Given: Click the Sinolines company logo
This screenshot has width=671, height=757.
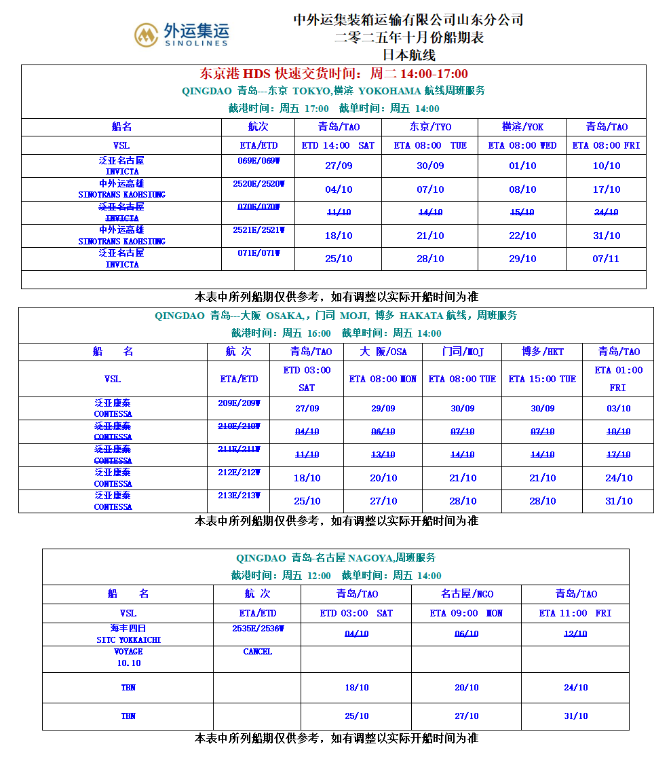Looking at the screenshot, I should click(181, 34).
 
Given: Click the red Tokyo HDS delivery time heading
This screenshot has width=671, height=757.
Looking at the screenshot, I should click(334, 74).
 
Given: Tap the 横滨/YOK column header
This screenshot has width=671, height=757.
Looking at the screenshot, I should click(522, 127).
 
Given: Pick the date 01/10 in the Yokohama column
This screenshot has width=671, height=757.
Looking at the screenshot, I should click(522, 166).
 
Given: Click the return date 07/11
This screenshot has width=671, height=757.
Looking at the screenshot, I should click(607, 259).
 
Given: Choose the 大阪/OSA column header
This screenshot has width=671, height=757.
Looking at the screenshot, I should click(383, 352).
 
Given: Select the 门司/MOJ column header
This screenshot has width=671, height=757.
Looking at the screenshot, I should click(462, 352).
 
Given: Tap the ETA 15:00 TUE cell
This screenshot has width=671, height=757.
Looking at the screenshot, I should click(542, 379).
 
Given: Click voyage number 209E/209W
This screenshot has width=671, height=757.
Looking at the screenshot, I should click(239, 403).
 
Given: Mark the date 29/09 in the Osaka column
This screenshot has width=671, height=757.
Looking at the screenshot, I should click(383, 408).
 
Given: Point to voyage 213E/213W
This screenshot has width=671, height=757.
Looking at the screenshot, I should click(239, 496).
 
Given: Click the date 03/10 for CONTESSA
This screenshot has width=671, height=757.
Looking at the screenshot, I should click(618, 408).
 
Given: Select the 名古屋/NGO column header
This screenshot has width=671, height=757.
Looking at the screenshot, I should click(467, 594).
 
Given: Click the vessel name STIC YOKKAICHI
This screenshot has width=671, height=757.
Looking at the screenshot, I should click(128, 640).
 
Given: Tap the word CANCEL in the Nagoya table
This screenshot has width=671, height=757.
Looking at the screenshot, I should click(257, 652).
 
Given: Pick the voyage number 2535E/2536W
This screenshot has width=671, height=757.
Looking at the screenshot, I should click(257, 629).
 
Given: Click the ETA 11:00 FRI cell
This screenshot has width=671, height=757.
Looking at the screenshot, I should click(575, 613).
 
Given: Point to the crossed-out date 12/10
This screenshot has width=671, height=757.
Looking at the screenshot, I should click(575, 633).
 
